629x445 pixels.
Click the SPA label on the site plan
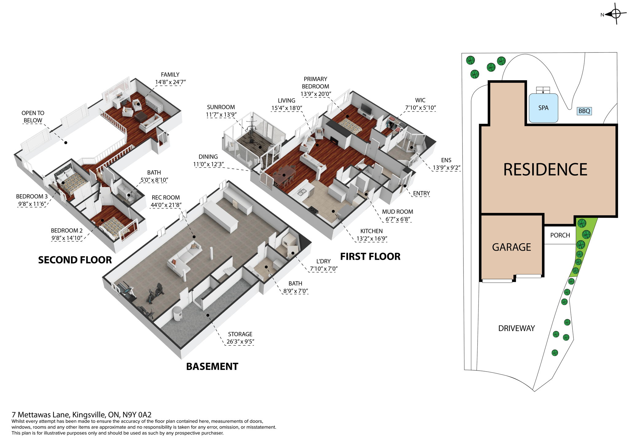click(543, 108)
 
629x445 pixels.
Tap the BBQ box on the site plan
click(584, 111)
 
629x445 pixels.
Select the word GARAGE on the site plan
click(511, 247)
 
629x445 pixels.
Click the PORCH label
click(560, 235)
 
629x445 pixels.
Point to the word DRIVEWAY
click(516, 328)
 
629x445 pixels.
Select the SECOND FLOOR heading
click(75, 260)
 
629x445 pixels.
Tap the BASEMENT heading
click(212, 366)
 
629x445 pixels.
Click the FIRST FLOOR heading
click(370, 257)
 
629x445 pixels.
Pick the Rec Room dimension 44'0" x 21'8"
click(166, 205)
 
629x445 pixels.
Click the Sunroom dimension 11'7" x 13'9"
click(221, 115)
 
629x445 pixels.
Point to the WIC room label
click(420, 100)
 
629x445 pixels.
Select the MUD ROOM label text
click(397, 212)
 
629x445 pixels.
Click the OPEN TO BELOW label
click(33, 117)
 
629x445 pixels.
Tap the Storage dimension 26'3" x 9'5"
click(240, 341)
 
